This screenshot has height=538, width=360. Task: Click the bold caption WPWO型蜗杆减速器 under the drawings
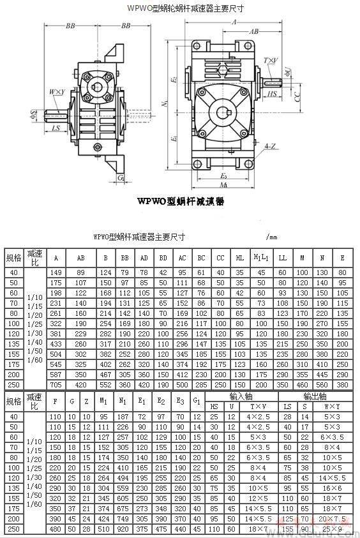point(181,201)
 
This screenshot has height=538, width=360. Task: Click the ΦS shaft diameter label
point(33,116)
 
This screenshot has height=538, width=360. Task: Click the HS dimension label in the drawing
point(272,93)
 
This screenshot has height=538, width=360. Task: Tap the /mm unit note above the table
point(271,236)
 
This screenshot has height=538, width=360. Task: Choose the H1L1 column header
point(260,257)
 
